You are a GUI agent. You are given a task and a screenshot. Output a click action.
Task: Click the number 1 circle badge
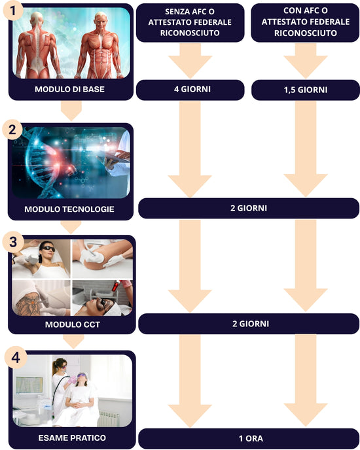(13, 10)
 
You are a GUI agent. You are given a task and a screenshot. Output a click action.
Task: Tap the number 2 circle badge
(12, 130)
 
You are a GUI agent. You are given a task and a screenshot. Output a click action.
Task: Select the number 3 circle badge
(13, 242)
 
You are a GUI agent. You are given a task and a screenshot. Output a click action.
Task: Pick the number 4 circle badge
(16, 358)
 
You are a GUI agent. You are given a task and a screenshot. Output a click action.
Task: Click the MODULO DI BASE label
(69, 89)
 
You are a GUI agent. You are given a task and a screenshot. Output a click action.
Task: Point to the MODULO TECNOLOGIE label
(69, 209)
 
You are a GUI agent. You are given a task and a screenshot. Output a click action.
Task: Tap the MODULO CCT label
(73, 324)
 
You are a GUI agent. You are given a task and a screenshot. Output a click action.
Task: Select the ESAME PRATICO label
(72, 438)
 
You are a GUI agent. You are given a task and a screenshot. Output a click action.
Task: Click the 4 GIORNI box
(190, 90)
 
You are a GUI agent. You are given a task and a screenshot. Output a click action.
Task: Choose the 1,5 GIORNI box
(306, 90)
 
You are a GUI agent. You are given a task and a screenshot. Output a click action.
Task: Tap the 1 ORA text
(251, 438)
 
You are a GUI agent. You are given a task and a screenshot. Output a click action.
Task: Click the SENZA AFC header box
(190, 23)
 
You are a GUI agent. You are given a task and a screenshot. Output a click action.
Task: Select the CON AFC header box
(305, 23)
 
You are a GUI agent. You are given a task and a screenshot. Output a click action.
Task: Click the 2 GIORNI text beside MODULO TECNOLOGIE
(249, 208)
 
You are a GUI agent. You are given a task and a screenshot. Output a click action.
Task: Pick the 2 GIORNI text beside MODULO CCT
(251, 324)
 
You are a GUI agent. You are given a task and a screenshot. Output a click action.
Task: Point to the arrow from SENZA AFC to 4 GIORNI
(190, 61)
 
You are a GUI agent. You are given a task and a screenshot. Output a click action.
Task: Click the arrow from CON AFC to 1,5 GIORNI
(306, 61)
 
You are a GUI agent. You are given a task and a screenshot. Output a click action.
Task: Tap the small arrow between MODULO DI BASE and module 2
(71, 111)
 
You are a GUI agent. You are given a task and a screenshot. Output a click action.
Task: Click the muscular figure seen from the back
(38, 45)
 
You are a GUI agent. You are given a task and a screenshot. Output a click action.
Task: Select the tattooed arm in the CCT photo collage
(29, 303)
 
